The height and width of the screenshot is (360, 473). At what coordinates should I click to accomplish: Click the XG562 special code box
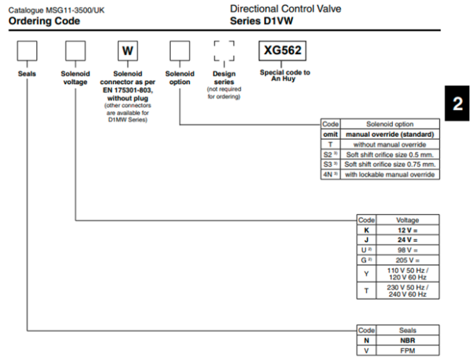click(x=283, y=51)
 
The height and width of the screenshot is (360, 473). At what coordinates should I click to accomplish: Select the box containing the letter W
click(x=127, y=52)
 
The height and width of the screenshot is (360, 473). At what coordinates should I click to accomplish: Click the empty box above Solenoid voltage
click(x=75, y=52)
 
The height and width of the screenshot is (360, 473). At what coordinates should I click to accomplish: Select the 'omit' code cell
click(x=331, y=134)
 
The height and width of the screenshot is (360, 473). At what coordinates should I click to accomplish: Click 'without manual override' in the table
click(x=390, y=144)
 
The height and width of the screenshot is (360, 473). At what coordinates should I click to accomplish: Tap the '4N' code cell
click(x=331, y=174)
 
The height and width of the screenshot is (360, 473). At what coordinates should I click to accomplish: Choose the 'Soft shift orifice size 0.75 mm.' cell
click(x=390, y=164)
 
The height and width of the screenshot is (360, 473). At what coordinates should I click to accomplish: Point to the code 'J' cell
click(x=366, y=239)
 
